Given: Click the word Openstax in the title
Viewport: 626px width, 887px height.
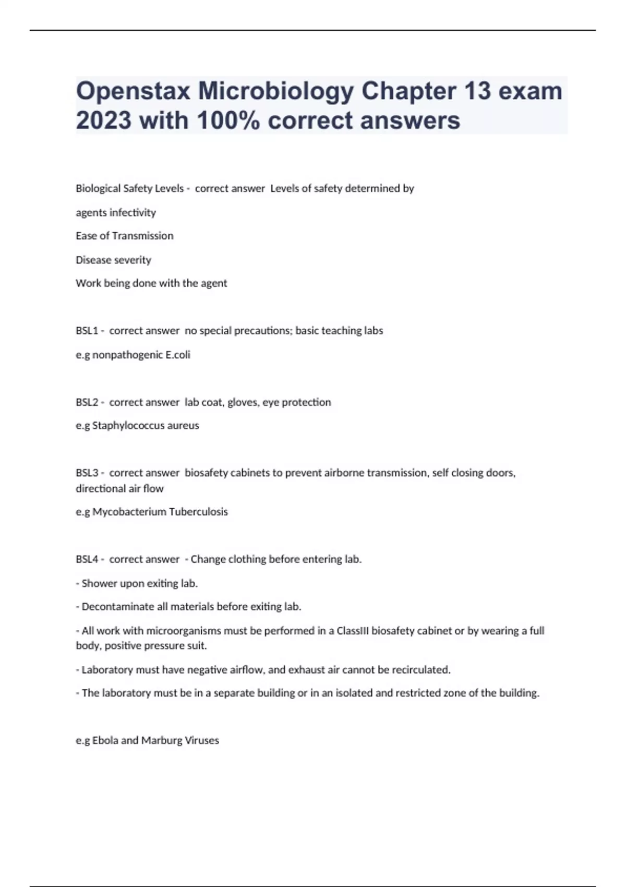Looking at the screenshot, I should pyautogui.click(x=133, y=91).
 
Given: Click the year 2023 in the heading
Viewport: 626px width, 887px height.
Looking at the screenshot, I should pyautogui.click(x=103, y=121).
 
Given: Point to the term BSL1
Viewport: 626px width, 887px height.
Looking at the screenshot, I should pyautogui.click(x=87, y=331).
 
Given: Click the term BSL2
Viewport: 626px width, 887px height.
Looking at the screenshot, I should pyautogui.click(x=87, y=402).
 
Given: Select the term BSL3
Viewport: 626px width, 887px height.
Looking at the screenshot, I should pyautogui.click(x=87, y=473).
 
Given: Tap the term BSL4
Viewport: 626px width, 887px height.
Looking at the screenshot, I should pyautogui.click(x=87, y=559).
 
